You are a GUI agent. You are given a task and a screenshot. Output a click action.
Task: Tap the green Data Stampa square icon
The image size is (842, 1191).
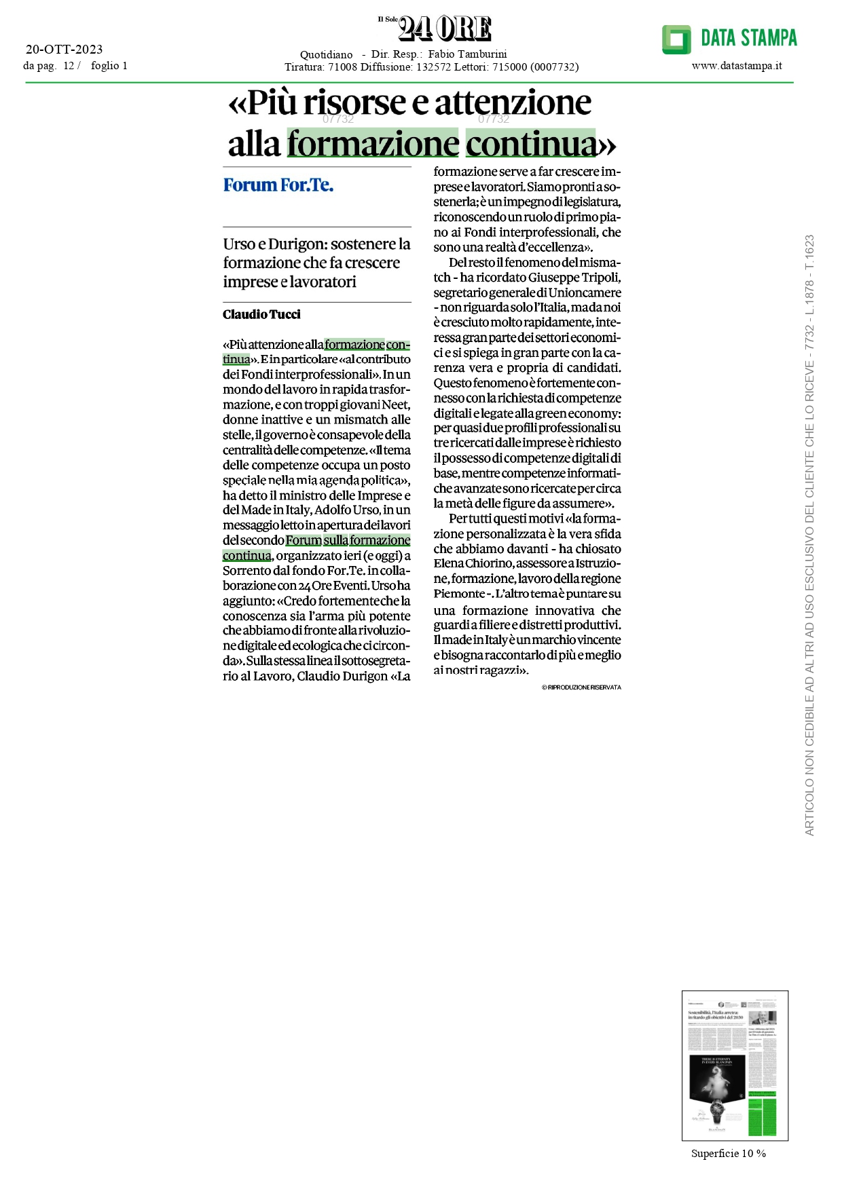point(676,39)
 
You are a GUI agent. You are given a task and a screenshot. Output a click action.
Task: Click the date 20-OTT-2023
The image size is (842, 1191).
point(64,49)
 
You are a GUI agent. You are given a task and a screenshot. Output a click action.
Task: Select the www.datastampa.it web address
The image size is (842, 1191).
point(737,66)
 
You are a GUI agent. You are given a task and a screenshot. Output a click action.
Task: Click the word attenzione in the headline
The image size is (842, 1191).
point(513,103)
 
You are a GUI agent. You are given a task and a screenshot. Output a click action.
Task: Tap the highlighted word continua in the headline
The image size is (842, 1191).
point(530,144)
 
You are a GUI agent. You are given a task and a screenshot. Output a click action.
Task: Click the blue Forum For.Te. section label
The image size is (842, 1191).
point(278,185)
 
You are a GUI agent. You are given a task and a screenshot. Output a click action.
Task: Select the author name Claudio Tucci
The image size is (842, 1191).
point(261,314)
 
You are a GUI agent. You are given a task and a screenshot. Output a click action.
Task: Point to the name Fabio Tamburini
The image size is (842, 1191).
point(467,54)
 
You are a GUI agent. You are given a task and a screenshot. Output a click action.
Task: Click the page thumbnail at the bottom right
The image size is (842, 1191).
point(735,1065)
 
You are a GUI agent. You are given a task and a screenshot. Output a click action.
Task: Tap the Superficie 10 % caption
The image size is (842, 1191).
point(728,1154)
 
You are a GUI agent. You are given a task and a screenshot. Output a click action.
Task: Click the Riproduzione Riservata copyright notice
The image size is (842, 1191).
point(581,687)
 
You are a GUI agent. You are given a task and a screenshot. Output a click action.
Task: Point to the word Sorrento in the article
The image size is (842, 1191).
point(246,571)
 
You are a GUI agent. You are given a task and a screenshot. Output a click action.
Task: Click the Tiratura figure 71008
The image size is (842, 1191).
point(342,67)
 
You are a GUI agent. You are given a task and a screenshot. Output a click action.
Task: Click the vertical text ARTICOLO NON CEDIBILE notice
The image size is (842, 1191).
point(809,536)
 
